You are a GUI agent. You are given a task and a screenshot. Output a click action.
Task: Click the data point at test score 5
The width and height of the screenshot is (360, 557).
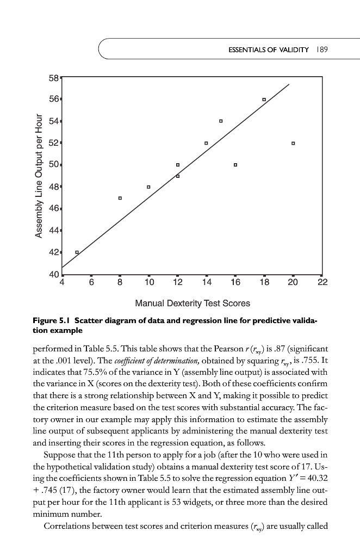[x=77, y=252]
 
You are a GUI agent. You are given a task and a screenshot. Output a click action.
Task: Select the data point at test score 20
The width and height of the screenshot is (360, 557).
[x=293, y=143]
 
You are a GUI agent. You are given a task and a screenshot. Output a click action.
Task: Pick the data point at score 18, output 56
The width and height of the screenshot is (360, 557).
[x=264, y=100]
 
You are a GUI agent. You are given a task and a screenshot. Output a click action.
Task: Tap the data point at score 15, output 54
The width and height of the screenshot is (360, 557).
[x=221, y=121]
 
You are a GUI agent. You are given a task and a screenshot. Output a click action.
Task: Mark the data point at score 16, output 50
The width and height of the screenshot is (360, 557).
[x=235, y=164]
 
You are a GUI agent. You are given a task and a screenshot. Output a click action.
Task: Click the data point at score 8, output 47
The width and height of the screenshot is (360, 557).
[x=120, y=198]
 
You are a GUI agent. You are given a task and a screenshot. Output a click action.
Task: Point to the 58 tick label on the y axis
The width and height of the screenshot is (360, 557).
[x=54, y=77]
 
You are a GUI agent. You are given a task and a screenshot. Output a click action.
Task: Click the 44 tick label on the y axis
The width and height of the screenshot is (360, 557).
[x=54, y=231]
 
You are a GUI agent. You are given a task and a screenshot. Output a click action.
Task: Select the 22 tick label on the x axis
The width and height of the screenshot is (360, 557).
[x=321, y=283]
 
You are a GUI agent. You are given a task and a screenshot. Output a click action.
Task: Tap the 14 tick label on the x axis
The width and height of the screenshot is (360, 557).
[x=206, y=283]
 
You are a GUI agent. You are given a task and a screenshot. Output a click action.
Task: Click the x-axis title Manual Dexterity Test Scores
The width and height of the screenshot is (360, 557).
[x=192, y=303]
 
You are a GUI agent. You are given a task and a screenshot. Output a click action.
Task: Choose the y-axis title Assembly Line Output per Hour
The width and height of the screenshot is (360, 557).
[x=39, y=175]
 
